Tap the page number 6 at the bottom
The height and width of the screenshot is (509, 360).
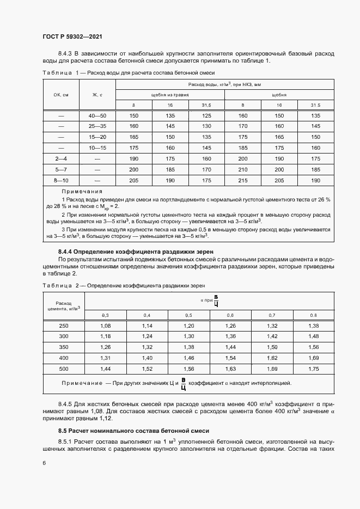pos(44,463)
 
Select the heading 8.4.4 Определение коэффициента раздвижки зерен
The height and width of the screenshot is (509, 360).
pos(135,252)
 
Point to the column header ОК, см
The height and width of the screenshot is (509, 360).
pos(61,94)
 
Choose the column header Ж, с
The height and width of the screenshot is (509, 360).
pos(98,94)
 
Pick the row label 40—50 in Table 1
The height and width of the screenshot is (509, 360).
pos(98,116)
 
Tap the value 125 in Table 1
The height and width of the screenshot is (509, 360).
pos(206,116)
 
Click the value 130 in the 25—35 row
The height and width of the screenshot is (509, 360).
pos(206,126)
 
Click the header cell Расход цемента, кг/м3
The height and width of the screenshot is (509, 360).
pos(64,306)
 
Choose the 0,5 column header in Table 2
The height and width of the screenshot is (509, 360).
pos(188,316)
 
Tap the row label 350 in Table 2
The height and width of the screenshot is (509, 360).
pos(64,347)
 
